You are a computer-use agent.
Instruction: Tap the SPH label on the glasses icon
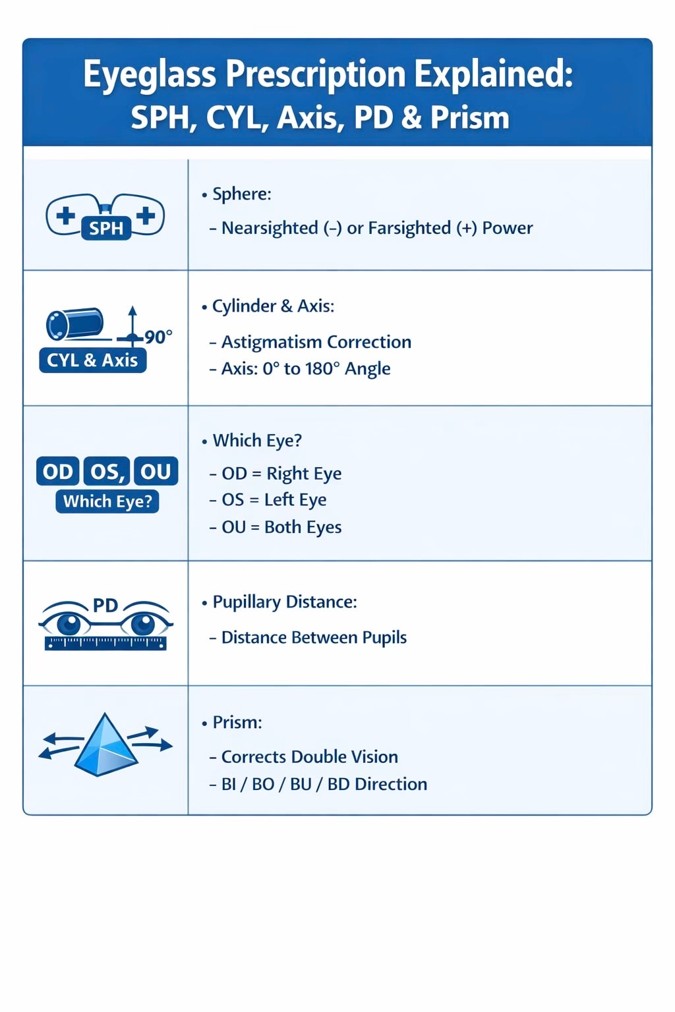tap(106, 228)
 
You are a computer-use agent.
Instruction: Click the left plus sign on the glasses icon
tap(65, 215)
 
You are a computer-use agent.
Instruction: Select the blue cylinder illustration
tap(74, 323)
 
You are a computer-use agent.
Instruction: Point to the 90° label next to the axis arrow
tap(158, 337)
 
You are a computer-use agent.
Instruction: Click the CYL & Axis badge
tap(92, 360)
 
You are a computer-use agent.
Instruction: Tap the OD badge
tap(58, 472)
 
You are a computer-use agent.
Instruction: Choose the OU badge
tap(156, 472)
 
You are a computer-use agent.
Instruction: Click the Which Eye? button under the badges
tap(107, 501)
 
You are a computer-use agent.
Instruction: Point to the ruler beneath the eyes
tap(105, 643)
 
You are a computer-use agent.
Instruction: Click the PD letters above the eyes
tap(105, 605)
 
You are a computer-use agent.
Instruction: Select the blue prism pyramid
tap(105, 745)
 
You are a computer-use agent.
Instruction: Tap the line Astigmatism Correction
tap(316, 342)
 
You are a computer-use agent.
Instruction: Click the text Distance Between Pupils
tap(314, 637)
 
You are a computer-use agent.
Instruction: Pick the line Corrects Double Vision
tap(309, 756)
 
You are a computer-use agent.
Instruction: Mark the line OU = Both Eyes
tap(281, 527)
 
